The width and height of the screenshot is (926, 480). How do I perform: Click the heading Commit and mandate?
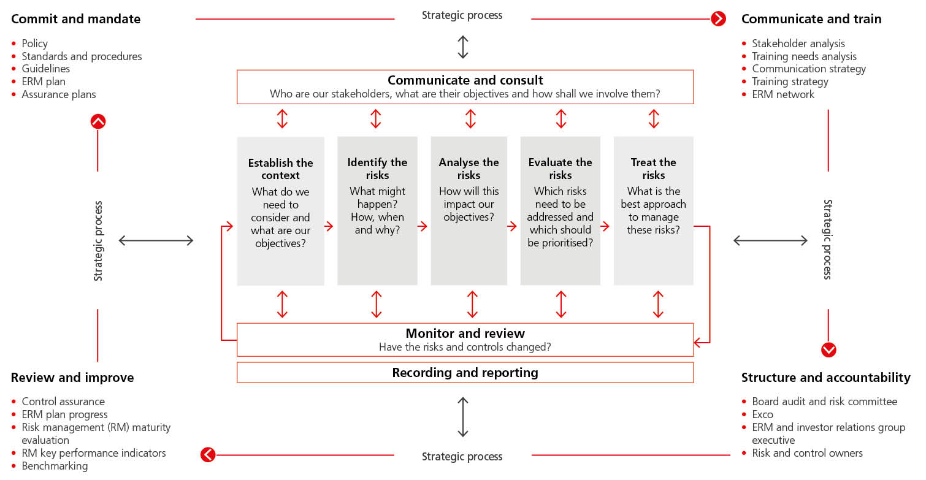pos(75,19)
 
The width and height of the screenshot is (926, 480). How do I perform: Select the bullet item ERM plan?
pos(44,82)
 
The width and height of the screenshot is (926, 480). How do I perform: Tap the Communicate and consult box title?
pos(465,80)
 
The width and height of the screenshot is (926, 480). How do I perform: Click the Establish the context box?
pos(280,211)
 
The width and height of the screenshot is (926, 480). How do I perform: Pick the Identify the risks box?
pos(377,211)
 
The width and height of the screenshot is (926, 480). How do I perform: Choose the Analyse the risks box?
pos(469,211)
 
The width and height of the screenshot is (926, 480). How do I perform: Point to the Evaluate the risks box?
pos(560,211)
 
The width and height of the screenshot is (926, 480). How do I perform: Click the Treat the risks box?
pos(653,211)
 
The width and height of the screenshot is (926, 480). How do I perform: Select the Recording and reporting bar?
pos(465,373)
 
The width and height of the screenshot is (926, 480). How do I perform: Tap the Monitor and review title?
pos(465,333)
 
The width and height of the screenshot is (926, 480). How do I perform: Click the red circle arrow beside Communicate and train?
pos(718,19)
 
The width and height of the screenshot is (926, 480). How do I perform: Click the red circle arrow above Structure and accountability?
pos(828,350)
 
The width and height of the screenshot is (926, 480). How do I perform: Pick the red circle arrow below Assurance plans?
pos(98,121)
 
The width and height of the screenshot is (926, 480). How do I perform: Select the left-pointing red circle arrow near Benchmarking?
pos(208,455)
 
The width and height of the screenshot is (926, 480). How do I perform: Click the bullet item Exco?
pos(762,414)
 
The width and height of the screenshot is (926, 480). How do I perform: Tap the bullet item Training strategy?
pos(790,82)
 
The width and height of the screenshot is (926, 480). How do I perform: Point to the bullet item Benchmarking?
pos(55,466)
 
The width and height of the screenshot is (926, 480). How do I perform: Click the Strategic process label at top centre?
pos(462,15)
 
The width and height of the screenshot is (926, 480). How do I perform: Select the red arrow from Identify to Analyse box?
pos(423,226)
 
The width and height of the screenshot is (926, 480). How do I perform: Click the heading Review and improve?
pos(72,378)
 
